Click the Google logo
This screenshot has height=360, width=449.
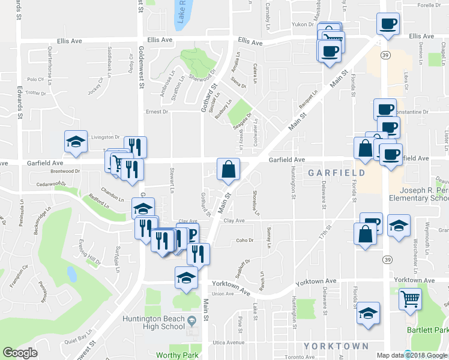[20, 353]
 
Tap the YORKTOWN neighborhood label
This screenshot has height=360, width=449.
[336, 346]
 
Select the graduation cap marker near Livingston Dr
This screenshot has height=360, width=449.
[76, 142]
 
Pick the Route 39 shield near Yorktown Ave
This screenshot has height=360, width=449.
[388, 259]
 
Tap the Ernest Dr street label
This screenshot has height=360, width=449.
[157, 112]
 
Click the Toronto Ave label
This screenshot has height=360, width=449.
[299, 356]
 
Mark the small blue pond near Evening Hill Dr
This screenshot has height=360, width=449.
[72, 274]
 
